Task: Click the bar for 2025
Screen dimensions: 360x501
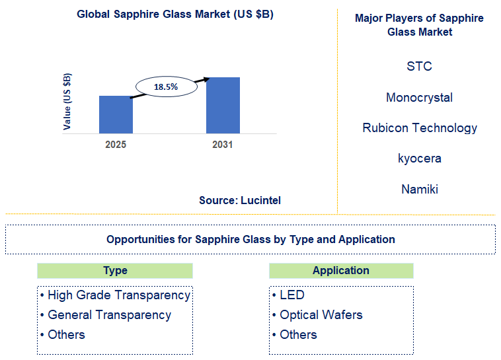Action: click(x=116, y=114)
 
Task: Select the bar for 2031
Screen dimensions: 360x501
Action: click(x=223, y=105)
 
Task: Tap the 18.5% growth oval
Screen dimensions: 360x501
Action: click(x=166, y=87)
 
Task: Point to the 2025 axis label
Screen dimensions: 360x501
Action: click(x=116, y=144)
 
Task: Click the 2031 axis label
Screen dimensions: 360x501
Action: click(x=223, y=144)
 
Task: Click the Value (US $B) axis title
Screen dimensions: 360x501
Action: click(x=67, y=101)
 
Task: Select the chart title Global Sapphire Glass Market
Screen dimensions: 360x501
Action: click(x=175, y=15)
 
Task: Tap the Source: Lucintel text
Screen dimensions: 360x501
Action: click(x=240, y=200)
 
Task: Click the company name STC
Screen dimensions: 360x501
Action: click(x=419, y=66)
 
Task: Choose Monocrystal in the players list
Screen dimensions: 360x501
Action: click(x=419, y=97)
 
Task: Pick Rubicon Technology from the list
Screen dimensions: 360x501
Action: click(x=419, y=128)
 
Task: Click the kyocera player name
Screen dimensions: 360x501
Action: click(x=419, y=159)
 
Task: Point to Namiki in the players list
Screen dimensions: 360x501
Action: click(x=419, y=190)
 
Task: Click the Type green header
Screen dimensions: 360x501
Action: click(x=115, y=270)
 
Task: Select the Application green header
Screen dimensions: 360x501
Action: click(x=341, y=270)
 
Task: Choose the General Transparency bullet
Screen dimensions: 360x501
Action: click(x=109, y=315)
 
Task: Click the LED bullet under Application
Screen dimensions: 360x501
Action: click(x=291, y=295)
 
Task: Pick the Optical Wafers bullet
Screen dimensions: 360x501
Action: click(x=321, y=315)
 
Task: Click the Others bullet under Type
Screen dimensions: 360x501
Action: click(x=66, y=335)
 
